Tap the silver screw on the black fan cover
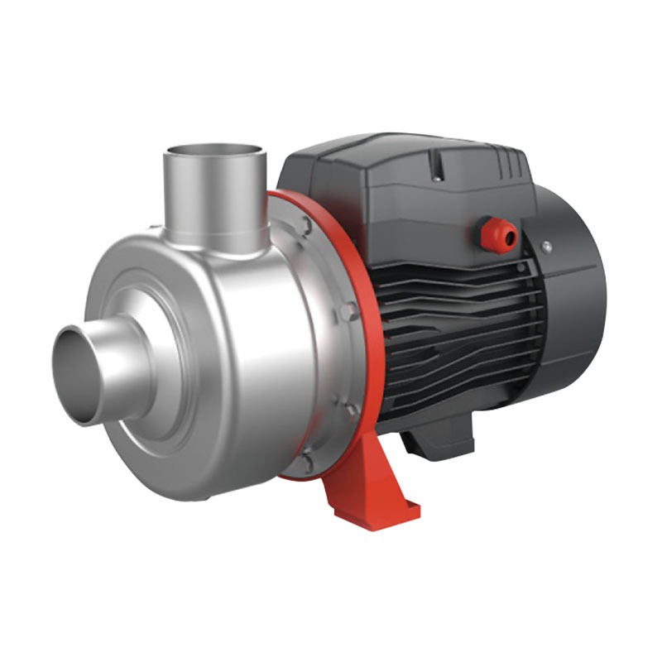point(546,245)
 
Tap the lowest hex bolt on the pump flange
point(308,460)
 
